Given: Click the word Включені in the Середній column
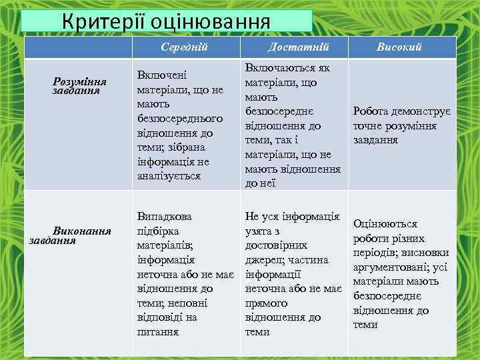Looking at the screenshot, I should [161, 75].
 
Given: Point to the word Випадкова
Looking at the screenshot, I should [164, 217].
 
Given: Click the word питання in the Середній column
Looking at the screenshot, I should [157, 331].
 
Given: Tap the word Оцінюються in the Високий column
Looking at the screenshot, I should [385, 224].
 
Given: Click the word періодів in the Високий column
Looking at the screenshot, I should [375, 253].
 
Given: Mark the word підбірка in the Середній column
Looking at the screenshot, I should [158, 231].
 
